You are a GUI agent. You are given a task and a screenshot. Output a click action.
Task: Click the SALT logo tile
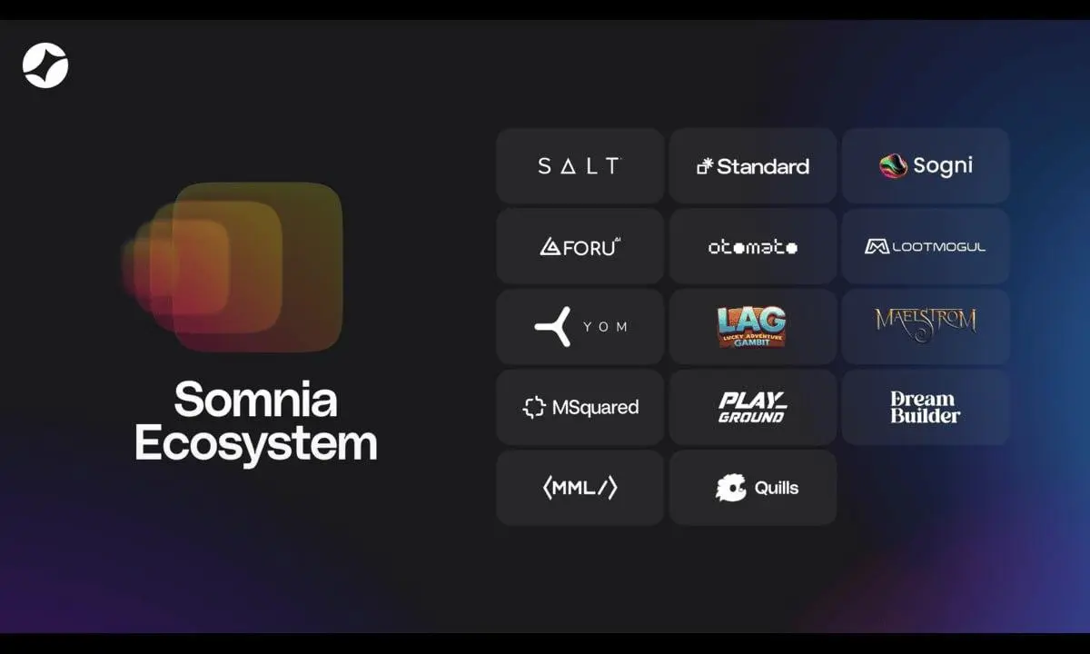point(580,166)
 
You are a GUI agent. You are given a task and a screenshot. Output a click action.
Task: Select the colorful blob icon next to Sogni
point(893,166)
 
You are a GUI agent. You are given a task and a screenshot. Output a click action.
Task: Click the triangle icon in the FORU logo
point(550,246)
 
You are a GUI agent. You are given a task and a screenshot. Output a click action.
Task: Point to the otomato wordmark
point(753,247)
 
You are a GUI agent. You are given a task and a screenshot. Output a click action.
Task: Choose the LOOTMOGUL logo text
point(938,247)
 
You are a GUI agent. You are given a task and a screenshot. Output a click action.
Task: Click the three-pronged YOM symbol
point(553,326)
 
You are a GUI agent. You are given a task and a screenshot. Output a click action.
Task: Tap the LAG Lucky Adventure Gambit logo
point(752,326)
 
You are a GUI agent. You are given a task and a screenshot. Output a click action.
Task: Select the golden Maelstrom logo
point(926,324)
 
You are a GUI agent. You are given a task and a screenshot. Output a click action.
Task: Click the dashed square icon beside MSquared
point(534,407)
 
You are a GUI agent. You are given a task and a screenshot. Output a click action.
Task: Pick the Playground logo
point(752,407)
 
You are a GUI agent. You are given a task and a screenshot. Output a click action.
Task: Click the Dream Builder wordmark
point(925,407)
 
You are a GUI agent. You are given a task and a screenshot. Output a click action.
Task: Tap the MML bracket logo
point(580,488)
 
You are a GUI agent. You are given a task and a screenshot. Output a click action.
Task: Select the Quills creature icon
point(730,488)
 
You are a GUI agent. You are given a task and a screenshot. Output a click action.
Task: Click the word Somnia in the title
point(256,400)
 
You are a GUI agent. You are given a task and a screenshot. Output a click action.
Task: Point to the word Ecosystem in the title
point(256,444)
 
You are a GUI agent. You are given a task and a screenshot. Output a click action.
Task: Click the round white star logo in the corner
point(45,65)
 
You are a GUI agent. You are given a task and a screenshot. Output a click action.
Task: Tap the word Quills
point(777,488)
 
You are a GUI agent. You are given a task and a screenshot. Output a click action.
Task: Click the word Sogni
point(943,166)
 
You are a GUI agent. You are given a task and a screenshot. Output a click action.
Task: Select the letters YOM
point(606,327)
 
